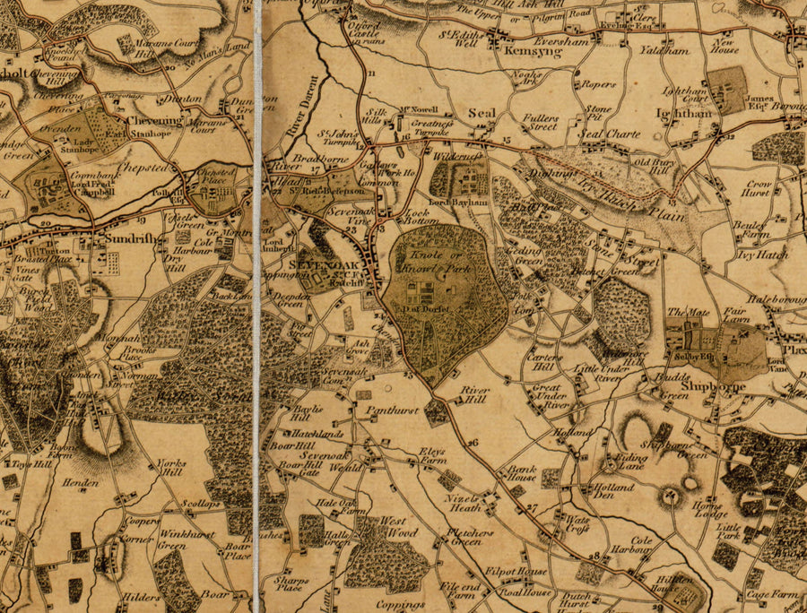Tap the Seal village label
(482, 114)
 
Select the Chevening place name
(154, 120)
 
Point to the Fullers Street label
(542, 122)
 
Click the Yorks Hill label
(170, 468)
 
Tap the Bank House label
(522, 472)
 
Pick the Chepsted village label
(143, 168)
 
